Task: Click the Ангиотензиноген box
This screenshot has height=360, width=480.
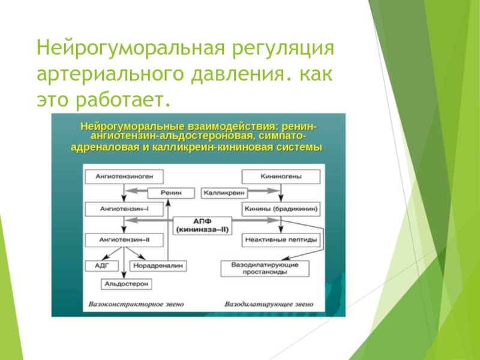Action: pyautogui.click(x=124, y=176)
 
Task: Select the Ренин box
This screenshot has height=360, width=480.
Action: pyautogui.click(x=171, y=193)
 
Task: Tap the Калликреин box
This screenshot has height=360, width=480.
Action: pyautogui.click(x=224, y=193)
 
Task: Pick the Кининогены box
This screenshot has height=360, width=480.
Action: pyautogui.click(x=281, y=176)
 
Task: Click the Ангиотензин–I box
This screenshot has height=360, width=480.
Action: pyautogui.click(x=124, y=209)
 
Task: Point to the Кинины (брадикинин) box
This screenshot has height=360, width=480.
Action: pyautogui.click(x=281, y=209)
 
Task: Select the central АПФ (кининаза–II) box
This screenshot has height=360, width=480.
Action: pyautogui.click(x=202, y=226)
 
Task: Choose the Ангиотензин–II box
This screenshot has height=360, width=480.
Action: pyautogui.click(x=124, y=240)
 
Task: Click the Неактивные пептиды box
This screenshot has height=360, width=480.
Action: pyautogui.click(x=281, y=240)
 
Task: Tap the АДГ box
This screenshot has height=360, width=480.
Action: pyautogui.click(x=102, y=266)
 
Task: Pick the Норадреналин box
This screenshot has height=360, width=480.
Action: pyautogui.click(x=158, y=266)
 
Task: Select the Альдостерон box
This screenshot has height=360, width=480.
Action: pyautogui.click(x=126, y=284)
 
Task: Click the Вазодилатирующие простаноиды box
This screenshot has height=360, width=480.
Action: pyautogui.click(x=265, y=268)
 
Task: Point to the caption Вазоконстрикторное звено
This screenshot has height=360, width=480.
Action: pyautogui.click(x=136, y=304)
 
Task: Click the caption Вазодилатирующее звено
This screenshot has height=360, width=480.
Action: pyautogui.click(x=269, y=304)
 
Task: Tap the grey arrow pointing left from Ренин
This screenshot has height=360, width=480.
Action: pyautogui.click(x=136, y=191)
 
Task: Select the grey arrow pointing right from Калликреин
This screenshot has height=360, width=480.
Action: pyautogui.click(x=263, y=191)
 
